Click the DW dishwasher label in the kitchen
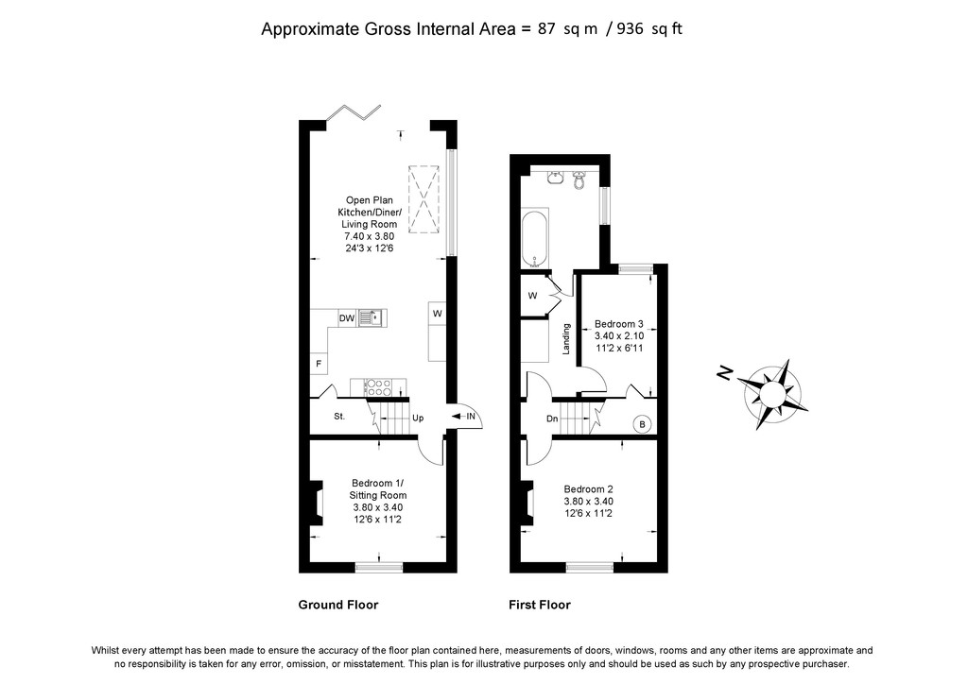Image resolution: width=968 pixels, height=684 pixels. point(347,318)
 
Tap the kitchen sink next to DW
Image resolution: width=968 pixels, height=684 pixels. point(372,318)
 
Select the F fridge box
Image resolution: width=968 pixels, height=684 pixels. point(319,364)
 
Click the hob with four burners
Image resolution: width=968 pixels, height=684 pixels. point(378,387)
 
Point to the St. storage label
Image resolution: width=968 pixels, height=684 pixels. point(339,417)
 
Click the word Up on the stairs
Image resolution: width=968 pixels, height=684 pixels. point(418,418)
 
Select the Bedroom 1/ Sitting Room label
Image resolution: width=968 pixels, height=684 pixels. point(378,489)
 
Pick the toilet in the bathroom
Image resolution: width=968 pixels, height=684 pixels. point(579,180)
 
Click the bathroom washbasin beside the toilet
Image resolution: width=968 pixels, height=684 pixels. point(554,179)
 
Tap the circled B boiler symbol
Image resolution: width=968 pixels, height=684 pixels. point(643,424)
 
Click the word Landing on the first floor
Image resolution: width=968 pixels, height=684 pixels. point(566,338)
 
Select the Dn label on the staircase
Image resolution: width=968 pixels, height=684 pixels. point(552,419)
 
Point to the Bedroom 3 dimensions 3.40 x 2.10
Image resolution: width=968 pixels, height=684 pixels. point(619,336)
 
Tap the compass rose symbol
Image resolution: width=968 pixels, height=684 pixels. point(771,394)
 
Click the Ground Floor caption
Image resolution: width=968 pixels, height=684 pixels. point(338,605)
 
